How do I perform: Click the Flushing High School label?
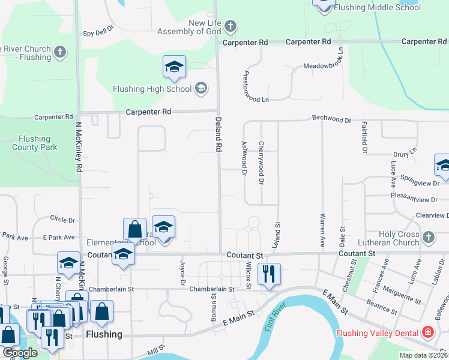(x=152, y=89)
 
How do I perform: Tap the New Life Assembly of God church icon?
(x=231, y=26)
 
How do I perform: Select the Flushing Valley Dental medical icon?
(x=427, y=332)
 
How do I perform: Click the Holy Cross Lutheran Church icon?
(x=428, y=237)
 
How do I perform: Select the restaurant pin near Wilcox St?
(x=268, y=274)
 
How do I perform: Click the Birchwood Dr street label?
(x=331, y=120)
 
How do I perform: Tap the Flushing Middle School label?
(x=377, y=8)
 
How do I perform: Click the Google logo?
(x=20, y=353)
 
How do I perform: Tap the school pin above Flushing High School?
(x=174, y=67)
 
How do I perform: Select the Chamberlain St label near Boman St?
(x=211, y=289)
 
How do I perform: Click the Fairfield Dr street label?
(x=364, y=138)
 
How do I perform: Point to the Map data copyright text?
(x=423, y=355)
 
